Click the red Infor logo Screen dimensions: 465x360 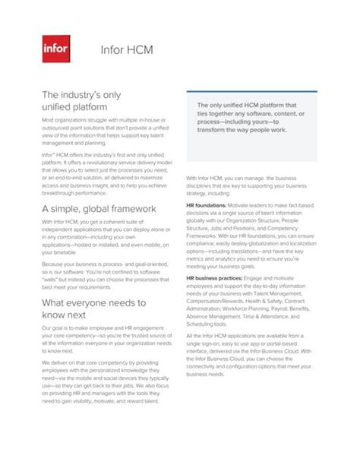click(x=55, y=50)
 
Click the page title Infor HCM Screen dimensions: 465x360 click(x=127, y=51)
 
